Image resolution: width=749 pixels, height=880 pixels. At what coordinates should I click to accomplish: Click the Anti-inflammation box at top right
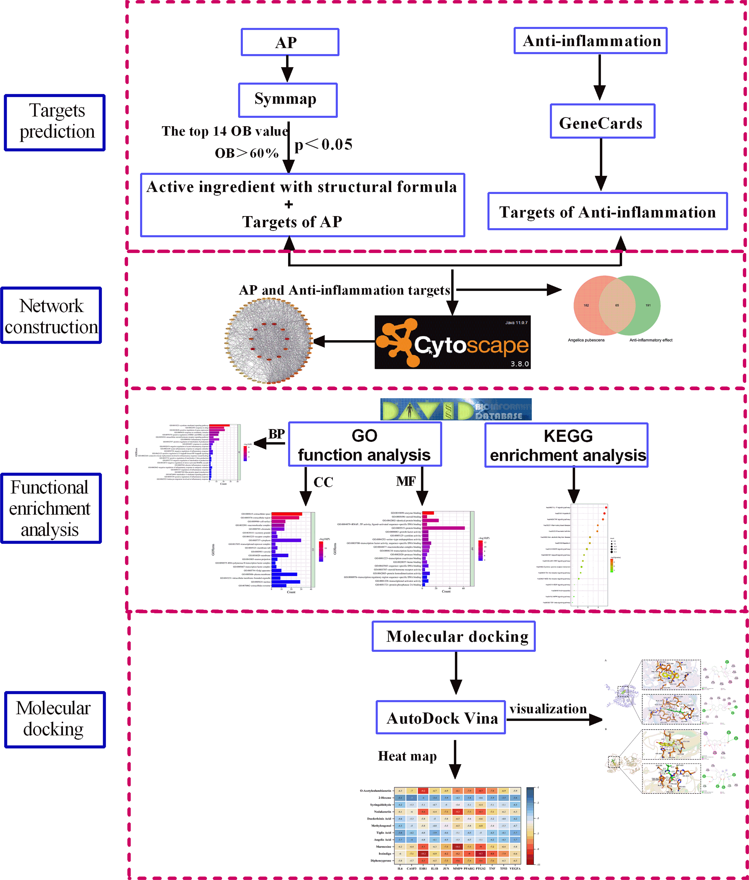coord(590,41)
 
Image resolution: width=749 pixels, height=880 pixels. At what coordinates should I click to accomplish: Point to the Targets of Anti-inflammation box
coord(607,211)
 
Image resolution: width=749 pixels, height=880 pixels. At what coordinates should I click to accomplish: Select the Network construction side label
coord(51,315)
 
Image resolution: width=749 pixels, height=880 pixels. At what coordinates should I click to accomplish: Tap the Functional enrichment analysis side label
coord(51,508)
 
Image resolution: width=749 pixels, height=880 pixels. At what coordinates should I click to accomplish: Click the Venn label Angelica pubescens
coord(586,340)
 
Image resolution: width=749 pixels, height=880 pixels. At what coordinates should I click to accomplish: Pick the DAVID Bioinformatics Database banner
coord(456,409)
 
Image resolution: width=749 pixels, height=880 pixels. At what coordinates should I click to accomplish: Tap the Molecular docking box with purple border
coord(454,636)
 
